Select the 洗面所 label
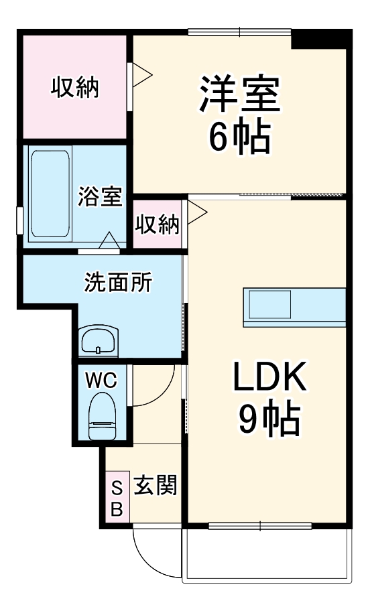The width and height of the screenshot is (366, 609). point(117,283)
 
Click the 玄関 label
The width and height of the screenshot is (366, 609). point(155,485)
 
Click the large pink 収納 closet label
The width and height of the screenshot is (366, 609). point(75,87)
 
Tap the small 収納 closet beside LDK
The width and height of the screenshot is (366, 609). point(158,225)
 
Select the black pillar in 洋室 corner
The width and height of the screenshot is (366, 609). point(320,40)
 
